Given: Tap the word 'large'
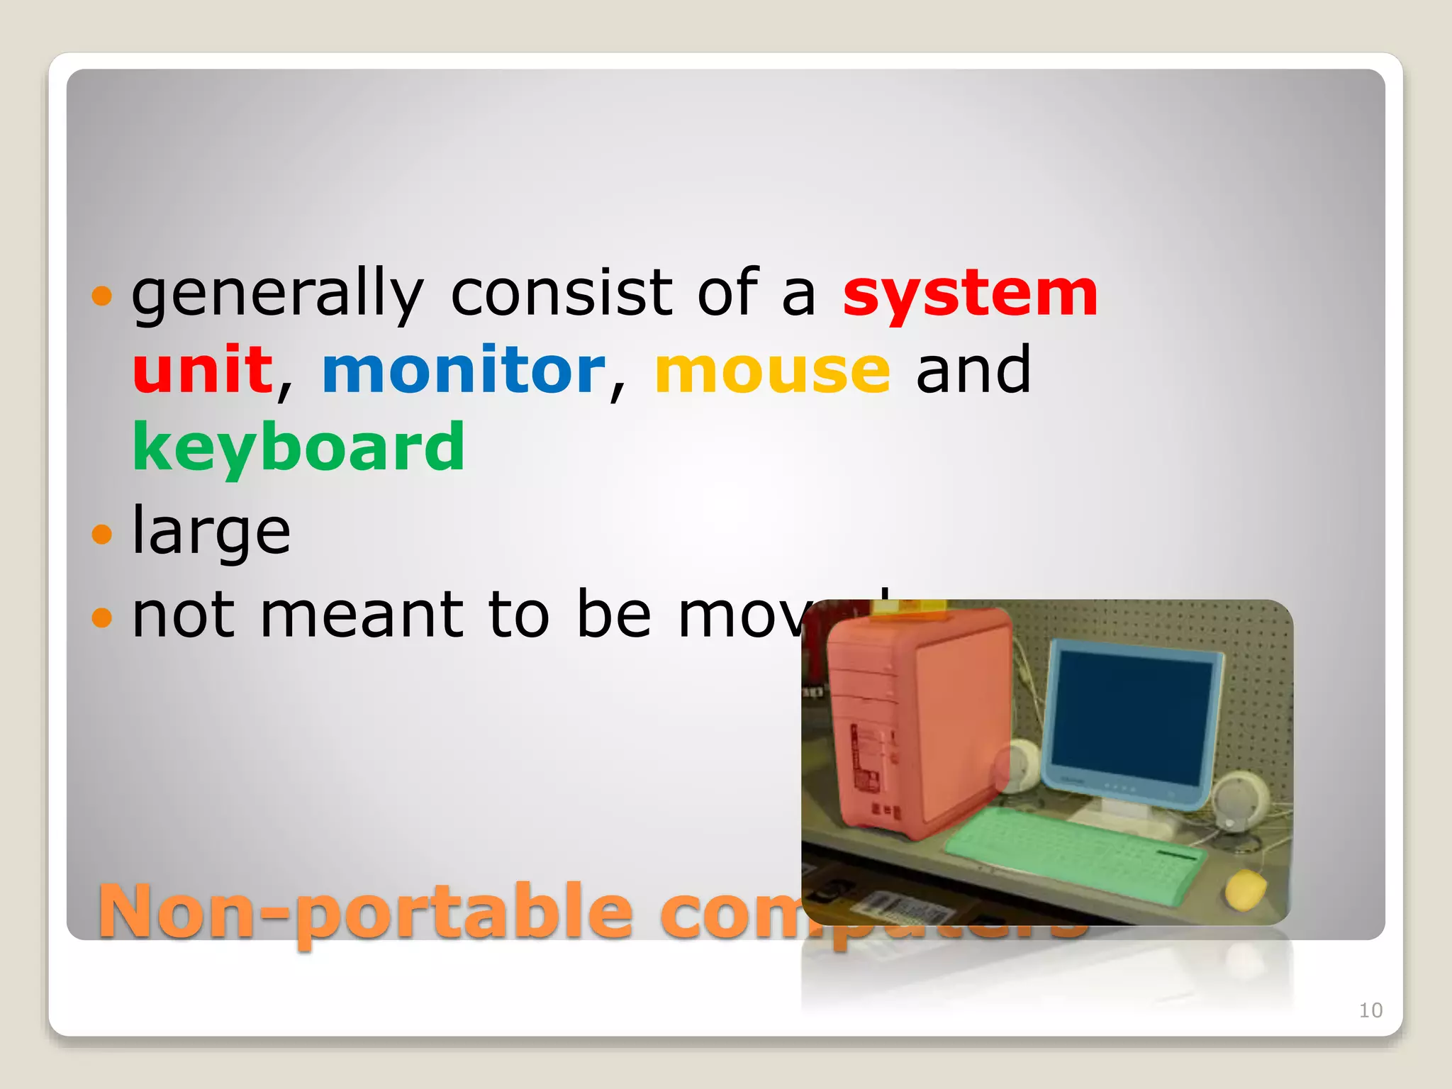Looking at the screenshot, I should click(211, 532).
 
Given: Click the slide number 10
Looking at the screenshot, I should click(1370, 1010).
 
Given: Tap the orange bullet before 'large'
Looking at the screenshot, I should click(102, 533).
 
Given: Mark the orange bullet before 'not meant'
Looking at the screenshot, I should click(102, 616).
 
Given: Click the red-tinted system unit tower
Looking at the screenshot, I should click(918, 723).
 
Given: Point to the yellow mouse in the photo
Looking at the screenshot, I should click(1246, 890).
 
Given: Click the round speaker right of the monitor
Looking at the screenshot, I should click(1241, 798).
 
